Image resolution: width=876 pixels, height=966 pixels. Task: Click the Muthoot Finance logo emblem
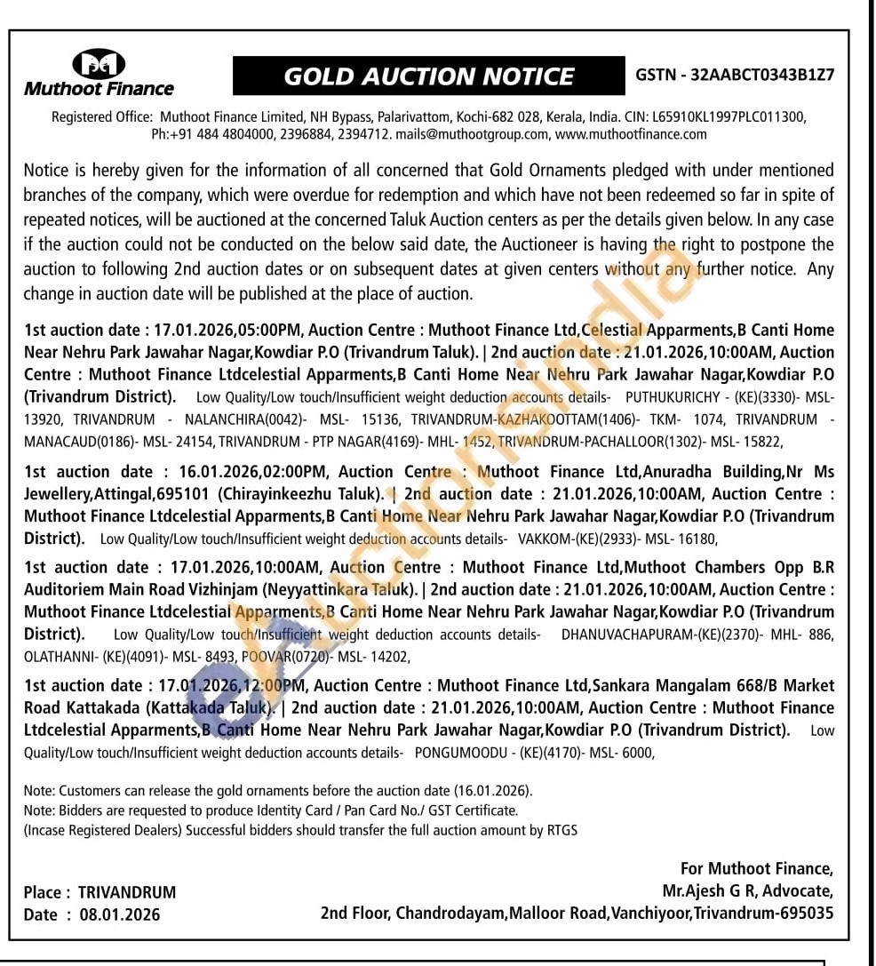[98, 63]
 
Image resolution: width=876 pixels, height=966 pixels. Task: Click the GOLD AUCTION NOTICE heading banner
[428, 76]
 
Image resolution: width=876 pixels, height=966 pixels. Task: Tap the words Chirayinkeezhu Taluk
[301, 494]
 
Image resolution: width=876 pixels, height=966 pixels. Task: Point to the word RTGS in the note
[560, 830]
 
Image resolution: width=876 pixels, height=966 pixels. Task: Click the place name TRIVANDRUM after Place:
[127, 892]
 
